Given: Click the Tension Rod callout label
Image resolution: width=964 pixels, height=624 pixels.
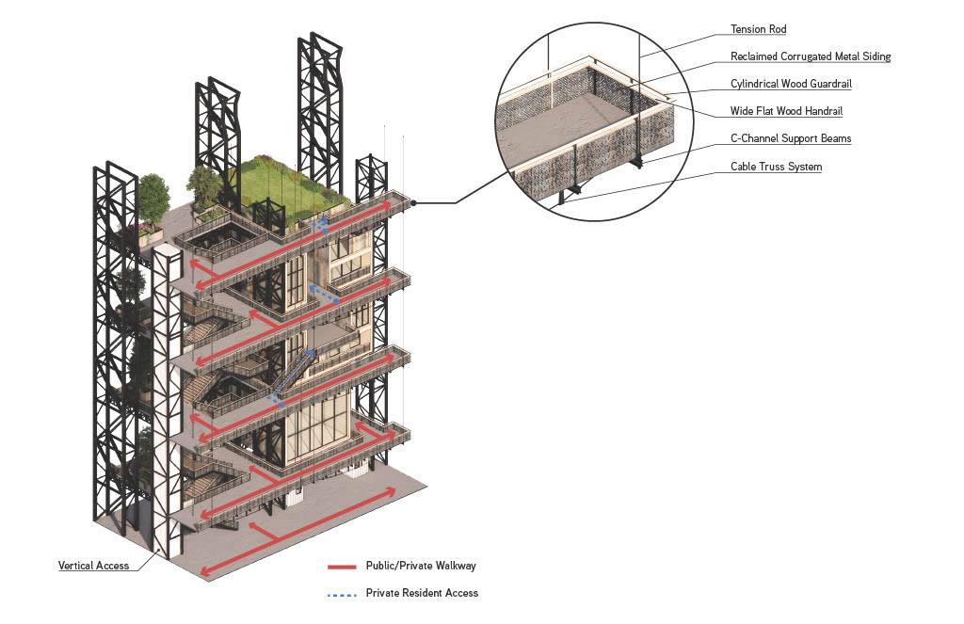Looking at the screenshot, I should [758, 29].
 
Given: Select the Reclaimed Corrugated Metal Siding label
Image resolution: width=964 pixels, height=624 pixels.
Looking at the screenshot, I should [810, 56].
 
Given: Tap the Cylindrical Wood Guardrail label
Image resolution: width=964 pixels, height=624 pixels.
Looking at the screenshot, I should [791, 84].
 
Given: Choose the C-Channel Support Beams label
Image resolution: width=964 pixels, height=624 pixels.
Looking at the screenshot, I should [791, 138].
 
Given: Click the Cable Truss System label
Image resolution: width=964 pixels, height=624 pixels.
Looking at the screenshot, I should [776, 167].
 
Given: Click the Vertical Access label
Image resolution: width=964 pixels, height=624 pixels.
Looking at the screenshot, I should [93, 566].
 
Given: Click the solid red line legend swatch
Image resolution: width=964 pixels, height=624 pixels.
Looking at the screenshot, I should [342, 567].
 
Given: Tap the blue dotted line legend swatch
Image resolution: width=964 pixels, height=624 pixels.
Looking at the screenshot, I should [342, 594].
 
